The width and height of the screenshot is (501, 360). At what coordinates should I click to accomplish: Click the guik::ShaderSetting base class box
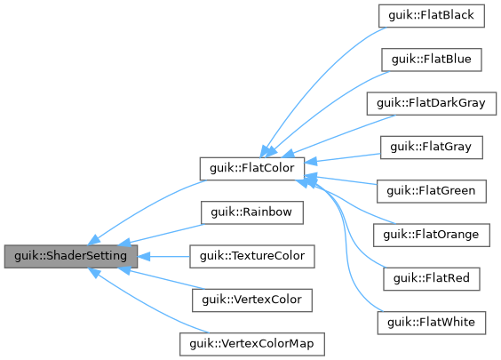[71, 257]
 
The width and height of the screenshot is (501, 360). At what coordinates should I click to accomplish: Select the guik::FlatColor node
[251, 166]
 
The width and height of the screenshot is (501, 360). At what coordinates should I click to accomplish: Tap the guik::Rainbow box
[252, 213]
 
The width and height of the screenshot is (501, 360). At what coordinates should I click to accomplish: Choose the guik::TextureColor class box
[252, 257]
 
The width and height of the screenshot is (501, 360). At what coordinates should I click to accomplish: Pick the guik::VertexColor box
[252, 300]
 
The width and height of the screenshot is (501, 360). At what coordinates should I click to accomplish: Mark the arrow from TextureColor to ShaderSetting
[164, 257]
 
